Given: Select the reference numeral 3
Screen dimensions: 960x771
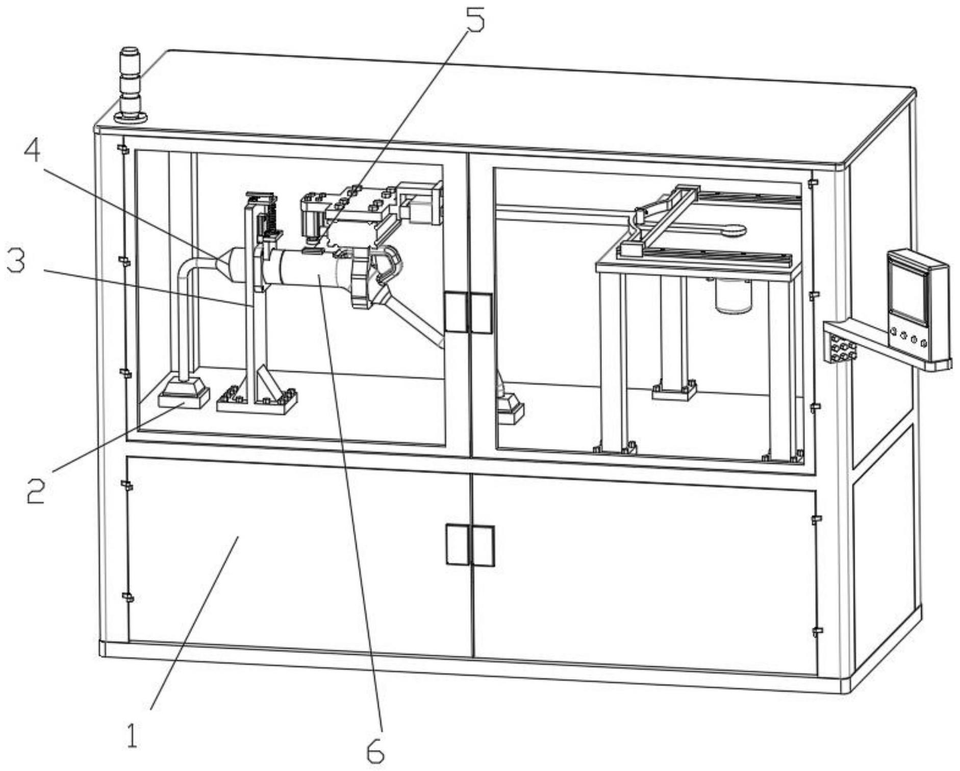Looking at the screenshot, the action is (x=16, y=263).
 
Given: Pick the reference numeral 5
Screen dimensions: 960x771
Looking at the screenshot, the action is (x=473, y=17).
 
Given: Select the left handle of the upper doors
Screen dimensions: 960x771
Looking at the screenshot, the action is (x=456, y=312).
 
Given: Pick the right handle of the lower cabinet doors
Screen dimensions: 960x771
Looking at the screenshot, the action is (x=482, y=545).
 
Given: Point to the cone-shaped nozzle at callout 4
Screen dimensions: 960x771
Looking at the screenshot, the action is (x=224, y=261).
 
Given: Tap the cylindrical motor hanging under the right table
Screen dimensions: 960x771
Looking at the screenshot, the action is (x=734, y=295).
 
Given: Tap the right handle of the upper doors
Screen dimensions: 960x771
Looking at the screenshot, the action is (x=481, y=313).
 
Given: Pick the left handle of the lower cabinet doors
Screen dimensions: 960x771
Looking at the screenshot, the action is (x=458, y=544).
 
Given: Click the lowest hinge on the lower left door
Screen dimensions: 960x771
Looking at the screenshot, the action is (x=127, y=596).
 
